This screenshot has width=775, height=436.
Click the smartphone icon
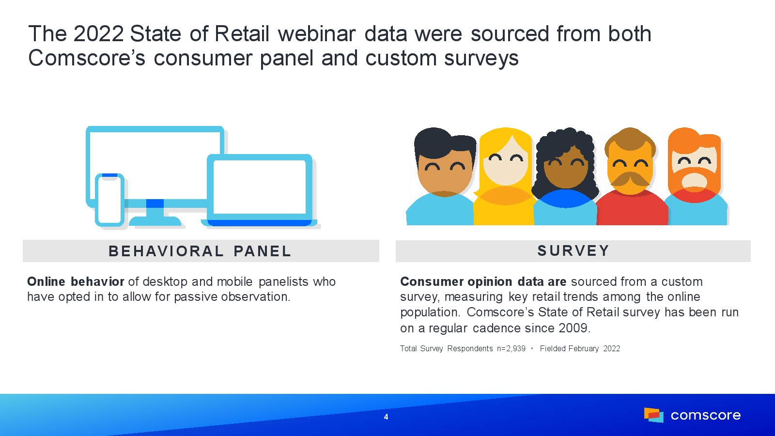coord(109,200)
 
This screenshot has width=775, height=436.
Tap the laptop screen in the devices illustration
coord(260,187)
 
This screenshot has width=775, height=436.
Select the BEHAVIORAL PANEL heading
coord(200,251)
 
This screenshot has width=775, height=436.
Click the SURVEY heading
coord(573,251)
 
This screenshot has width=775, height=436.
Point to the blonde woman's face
coord(506,166)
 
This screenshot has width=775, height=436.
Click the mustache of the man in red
coord(630,179)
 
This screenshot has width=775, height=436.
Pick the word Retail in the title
coord(242,34)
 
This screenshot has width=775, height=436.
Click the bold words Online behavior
coord(76,281)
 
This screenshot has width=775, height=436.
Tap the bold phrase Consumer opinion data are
coord(483,281)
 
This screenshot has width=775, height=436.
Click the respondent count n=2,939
coord(511,348)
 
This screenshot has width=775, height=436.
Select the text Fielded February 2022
coord(580,348)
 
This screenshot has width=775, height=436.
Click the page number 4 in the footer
coord(386,417)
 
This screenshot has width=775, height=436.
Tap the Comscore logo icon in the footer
coord(653,415)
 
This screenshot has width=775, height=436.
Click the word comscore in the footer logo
coord(706,415)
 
